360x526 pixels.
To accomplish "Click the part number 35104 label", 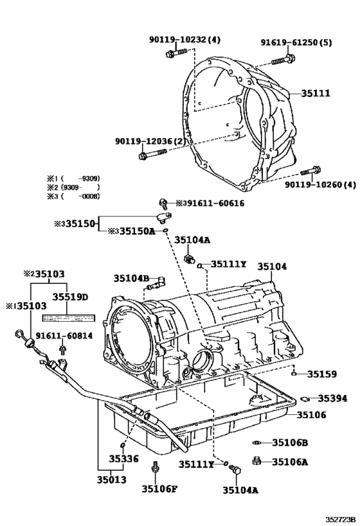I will (273, 266).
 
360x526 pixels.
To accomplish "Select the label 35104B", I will (131, 278).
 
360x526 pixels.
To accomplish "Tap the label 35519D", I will (70, 297).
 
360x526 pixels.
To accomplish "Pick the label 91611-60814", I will (64, 335).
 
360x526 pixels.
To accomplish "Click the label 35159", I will (321, 373).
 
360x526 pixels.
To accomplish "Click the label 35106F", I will (159, 489).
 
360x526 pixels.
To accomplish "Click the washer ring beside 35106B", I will (255, 443).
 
